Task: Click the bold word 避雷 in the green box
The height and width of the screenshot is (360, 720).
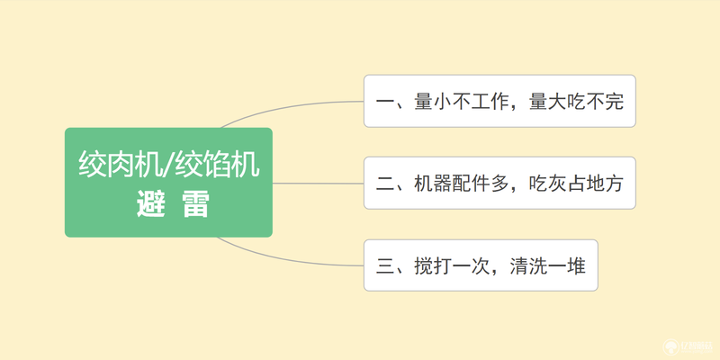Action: pyautogui.click(x=173, y=205)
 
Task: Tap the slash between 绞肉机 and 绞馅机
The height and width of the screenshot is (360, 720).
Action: pyautogui.click(x=169, y=165)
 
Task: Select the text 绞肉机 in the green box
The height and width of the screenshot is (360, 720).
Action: pyautogui.click(x=121, y=165)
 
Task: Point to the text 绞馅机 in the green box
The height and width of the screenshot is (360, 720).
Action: pyautogui.click(x=218, y=165)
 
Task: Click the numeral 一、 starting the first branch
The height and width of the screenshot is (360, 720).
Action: pyautogui.click(x=394, y=102)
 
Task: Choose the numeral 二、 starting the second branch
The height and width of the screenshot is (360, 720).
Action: pyautogui.click(x=394, y=184)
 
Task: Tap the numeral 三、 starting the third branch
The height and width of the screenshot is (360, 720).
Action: pyautogui.click(x=394, y=265)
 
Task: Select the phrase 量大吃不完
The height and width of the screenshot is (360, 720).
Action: pyautogui.click(x=576, y=102)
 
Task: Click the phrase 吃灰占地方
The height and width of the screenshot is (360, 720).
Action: pyautogui.click(x=576, y=184)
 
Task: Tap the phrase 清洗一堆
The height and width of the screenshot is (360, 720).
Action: pyautogui.click(x=548, y=265)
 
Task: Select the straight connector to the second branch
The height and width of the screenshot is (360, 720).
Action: pyautogui.click(x=319, y=184)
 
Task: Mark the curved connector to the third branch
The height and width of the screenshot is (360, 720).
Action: pyautogui.click(x=284, y=258)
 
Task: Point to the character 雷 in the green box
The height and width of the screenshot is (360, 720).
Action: pyautogui.click(x=195, y=205)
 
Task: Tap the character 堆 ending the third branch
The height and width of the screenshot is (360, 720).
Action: pyautogui.click(x=577, y=265)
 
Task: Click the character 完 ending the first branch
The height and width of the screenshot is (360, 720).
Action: pyautogui.click(x=615, y=102)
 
